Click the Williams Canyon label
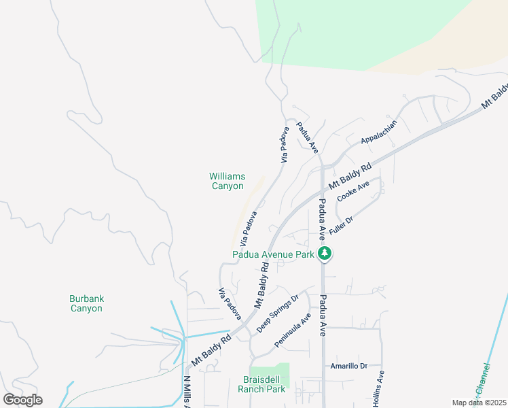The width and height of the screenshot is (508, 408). click(x=226, y=181)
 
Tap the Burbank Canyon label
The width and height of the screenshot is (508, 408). click(x=86, y=303)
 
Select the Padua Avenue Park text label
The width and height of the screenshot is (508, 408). click(x=273, y=254)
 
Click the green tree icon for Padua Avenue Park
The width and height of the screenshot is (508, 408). click(x=325, y=254)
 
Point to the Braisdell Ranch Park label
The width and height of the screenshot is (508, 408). click(x=261, y=384)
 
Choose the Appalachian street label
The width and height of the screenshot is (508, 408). click(x=378, y=133)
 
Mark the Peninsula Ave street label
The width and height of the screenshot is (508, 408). click(x=293, y=330)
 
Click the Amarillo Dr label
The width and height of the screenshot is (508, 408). click(x=348, y=366)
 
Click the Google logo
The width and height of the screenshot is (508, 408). click(x=22, y=399)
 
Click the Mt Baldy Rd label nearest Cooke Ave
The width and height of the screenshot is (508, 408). click(x=350, y=176)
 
